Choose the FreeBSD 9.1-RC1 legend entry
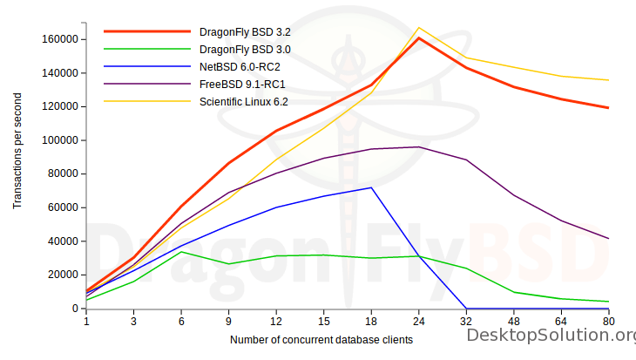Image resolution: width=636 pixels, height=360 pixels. [243, 84]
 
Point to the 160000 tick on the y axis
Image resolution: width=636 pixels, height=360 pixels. [61, 39]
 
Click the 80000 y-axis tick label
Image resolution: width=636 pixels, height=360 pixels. [64, 173]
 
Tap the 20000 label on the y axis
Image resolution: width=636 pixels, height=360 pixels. [64, 275]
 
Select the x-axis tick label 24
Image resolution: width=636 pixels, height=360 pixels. [419, 322]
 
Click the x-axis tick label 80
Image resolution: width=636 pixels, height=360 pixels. [608, 322]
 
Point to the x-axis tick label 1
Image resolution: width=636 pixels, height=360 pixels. [86, 322]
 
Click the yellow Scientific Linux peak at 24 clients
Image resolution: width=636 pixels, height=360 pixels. [419, 28]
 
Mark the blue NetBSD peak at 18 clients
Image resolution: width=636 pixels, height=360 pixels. [371, 187]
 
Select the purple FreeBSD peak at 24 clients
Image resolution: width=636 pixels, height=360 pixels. [419, 146]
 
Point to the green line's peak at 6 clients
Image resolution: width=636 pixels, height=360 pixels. [181, 252]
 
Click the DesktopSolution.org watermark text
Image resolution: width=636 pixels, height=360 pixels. [551, 336]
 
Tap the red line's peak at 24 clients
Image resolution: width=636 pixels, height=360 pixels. [419, 37]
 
